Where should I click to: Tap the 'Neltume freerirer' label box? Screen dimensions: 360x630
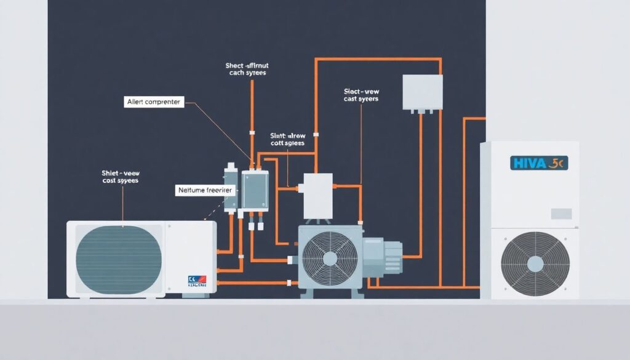204,191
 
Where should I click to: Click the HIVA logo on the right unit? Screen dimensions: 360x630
539,163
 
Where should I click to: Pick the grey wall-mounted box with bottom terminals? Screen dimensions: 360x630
422,92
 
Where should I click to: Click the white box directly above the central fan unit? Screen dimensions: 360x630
317,195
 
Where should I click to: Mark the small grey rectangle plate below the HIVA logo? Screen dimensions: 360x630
561,214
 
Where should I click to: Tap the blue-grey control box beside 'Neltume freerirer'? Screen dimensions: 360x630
255,189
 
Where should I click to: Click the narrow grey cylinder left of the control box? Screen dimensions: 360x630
231,187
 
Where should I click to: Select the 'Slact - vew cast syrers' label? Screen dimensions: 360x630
361,95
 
